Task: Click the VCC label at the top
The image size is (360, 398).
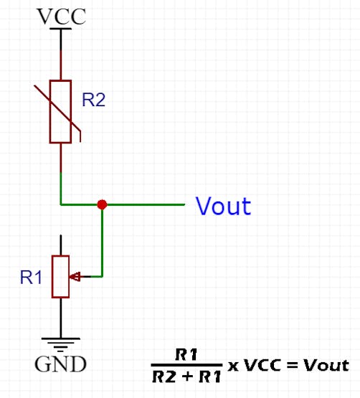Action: tap(62, 16)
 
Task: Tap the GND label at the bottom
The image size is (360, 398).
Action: tap(60, 364)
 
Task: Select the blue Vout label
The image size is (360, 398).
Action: tap(224, 206)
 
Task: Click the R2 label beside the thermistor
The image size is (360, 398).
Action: tap(93, 100)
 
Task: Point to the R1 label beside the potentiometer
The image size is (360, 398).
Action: tap(31, 278)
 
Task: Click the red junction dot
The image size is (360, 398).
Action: tap(102, 204)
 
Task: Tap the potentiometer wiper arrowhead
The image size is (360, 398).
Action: tap(75, 276)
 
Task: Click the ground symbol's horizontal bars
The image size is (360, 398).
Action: tap(61, 345)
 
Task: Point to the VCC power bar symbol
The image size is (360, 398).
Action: tap(61, 29)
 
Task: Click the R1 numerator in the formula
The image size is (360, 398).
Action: tap(186, 354)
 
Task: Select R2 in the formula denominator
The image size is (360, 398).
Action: tap(164, 376)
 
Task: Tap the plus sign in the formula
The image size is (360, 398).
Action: tap(188, 376)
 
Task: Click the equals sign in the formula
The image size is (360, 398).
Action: tap(292, 365)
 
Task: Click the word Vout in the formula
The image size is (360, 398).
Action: tap(326, 366)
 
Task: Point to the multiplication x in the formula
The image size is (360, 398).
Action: tap(233, 366)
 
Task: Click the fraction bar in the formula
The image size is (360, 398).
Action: tap(187, 365)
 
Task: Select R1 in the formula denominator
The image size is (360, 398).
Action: tap(210, 376)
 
